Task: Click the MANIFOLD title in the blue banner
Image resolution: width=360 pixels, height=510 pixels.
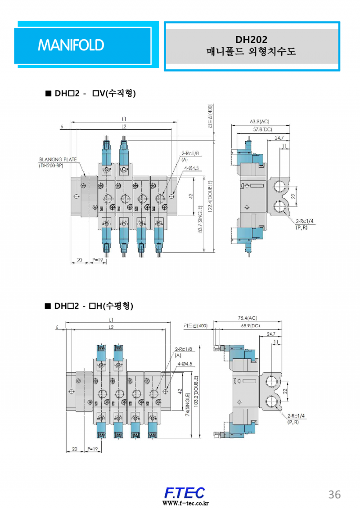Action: click(x=71, y=45)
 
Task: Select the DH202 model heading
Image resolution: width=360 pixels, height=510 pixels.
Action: click(x=251, y=40)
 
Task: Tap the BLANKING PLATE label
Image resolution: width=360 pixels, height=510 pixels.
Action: click(x=58, y=159)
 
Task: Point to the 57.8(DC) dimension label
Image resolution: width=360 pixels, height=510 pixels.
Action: click(x=262, y=130)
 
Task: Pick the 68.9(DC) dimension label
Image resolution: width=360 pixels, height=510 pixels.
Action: click(x=251, y=325)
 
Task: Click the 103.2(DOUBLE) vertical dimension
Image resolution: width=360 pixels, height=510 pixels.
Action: click(x=195, y=391)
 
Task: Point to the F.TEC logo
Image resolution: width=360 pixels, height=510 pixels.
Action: click(x=184, y=492)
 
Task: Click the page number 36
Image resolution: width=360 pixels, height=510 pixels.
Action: click(x=334, y=494)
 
